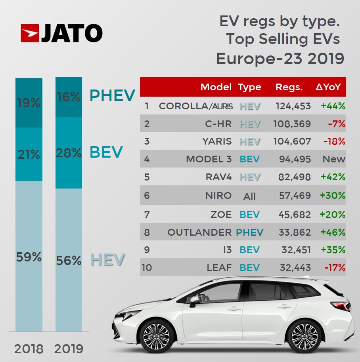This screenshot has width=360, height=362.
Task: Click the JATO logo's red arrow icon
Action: pos(30,33)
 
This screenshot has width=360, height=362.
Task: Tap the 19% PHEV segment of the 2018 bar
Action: pos(29,103)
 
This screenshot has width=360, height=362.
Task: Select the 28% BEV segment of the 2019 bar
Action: pos(69,152)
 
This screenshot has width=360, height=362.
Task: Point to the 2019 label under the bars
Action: pos(69,349)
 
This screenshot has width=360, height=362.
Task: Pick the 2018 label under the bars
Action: pos(29,349)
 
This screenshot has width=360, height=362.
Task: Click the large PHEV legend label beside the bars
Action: pos(112,95)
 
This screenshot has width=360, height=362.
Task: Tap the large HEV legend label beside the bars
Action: pos(107,260)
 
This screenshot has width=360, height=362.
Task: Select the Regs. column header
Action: pos(289,87)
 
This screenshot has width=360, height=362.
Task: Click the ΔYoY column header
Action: pos(328,87)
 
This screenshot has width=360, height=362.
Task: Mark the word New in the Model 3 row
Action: pos(334,160)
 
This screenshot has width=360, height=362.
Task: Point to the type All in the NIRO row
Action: pos(249,196)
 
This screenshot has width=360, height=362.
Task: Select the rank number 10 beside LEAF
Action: pos(147,268)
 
